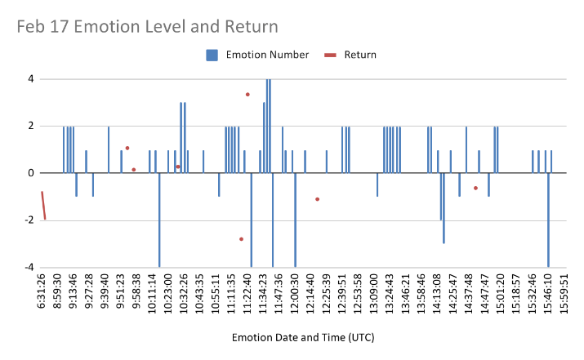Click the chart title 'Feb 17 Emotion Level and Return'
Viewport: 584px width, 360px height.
147,27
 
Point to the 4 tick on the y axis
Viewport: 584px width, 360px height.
30,79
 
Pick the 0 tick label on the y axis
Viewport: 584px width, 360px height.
30,173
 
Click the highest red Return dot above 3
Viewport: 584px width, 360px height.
247,95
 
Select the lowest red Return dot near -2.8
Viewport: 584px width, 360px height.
241,239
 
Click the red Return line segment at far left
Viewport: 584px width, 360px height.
43,206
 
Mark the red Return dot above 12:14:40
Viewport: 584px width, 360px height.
317,199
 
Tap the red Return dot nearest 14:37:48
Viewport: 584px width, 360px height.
475,188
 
